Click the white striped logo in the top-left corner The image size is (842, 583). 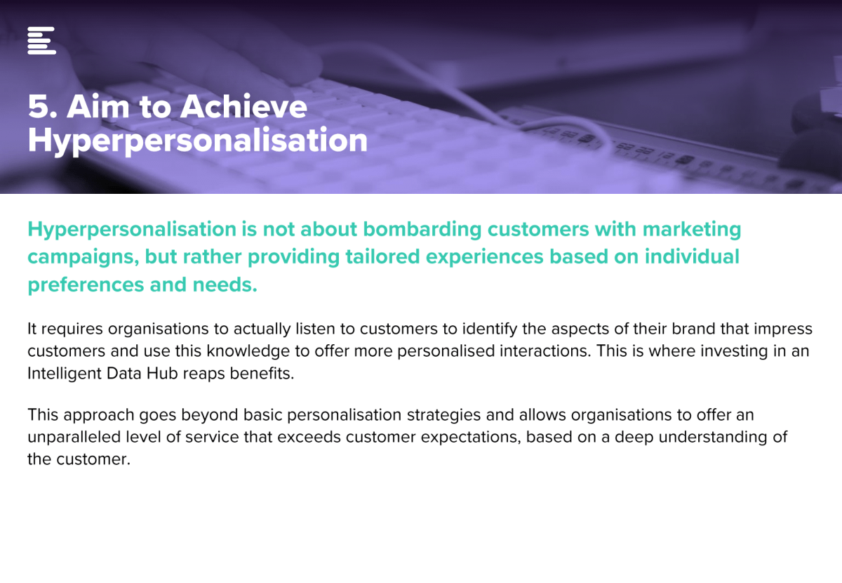[x=41, y=40]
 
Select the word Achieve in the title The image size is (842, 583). [x=243, y=106]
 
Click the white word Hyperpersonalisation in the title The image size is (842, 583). [x=198, y=140]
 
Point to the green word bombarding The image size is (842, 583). [x=422, y=230]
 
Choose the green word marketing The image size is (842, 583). [x=692, y=230]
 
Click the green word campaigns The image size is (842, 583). [x=83, y=258]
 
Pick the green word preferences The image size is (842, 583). [x=86, y=285]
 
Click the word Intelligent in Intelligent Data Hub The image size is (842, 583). [x=65, y=374]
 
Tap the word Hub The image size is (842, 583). [x=162, y=374]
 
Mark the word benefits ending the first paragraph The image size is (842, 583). [x=262, y=374]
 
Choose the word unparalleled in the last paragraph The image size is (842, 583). [x=74, y=438]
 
